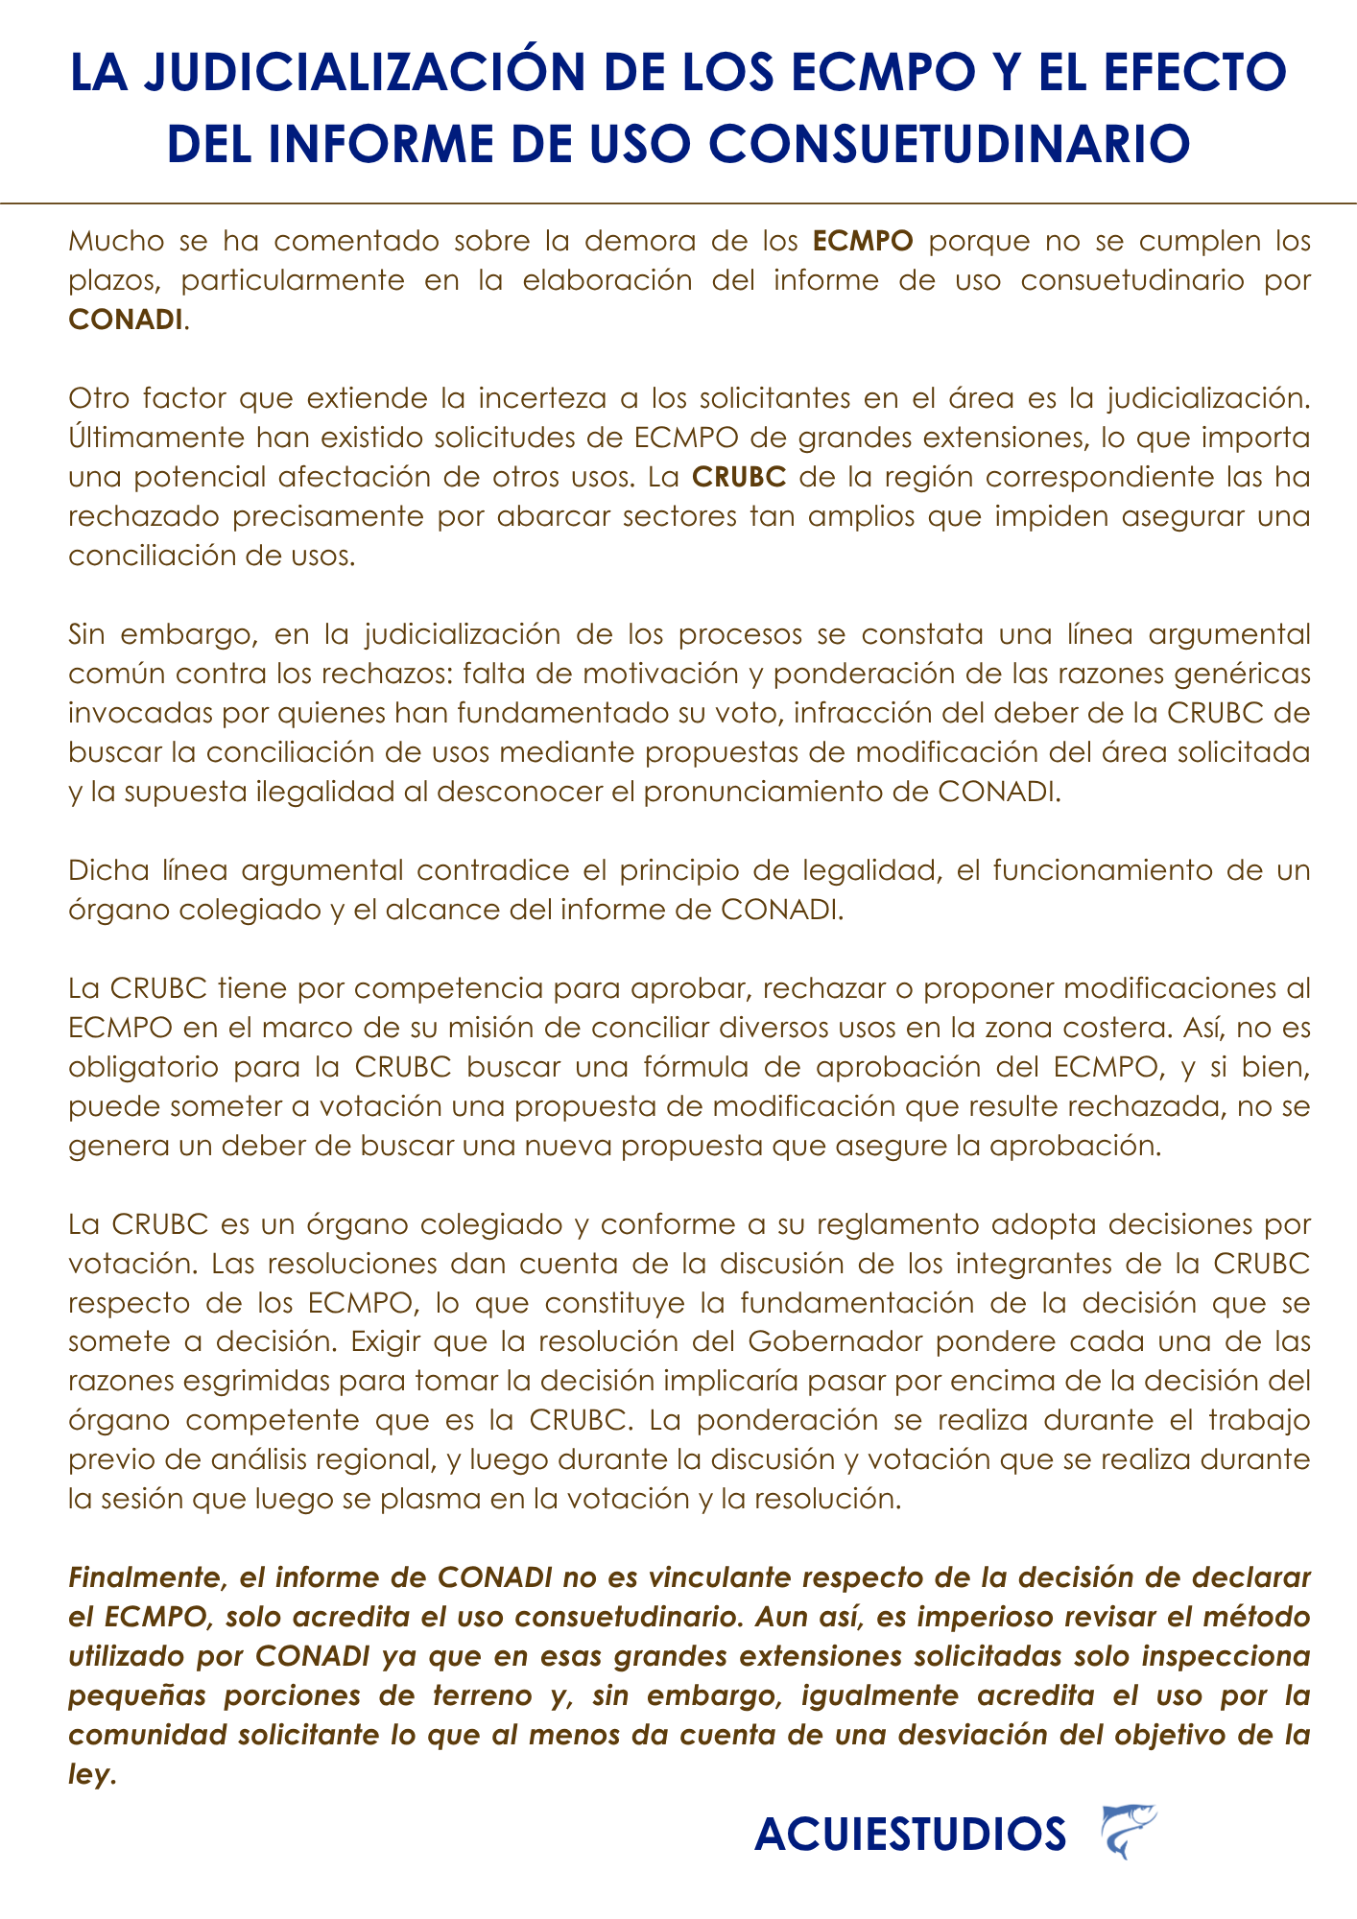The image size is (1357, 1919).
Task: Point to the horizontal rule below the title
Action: (678, 203)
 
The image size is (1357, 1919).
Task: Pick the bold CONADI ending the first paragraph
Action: (126, 320)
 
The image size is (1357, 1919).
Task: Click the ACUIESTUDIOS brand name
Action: (910, 1835)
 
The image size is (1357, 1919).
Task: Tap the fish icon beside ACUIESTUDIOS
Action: (1128, 1832)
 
